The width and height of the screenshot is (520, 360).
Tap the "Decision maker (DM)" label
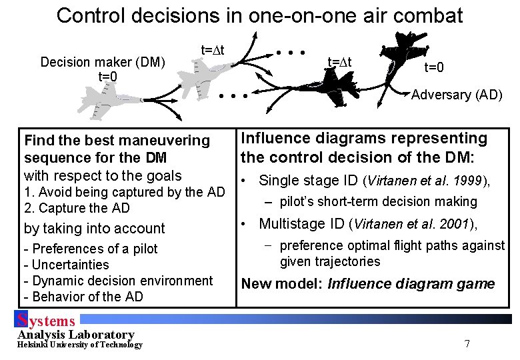[x=103, y=62]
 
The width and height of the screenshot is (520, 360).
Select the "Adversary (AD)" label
[x=457, y=95]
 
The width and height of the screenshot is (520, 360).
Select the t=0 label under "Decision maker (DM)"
[x=107, y=77]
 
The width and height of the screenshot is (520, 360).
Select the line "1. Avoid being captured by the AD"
[x=124, y=193]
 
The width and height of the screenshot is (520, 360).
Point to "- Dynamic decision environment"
[x=118, y=281]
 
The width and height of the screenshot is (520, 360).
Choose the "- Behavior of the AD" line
[x=83, y=297]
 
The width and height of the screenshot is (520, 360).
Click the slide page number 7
[x=467, y=344]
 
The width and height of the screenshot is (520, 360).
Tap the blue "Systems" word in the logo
[x=47, y=321]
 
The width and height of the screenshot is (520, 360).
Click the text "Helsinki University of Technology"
[x=80, y=345]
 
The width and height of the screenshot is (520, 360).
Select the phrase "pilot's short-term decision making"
[x=378, y=201]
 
